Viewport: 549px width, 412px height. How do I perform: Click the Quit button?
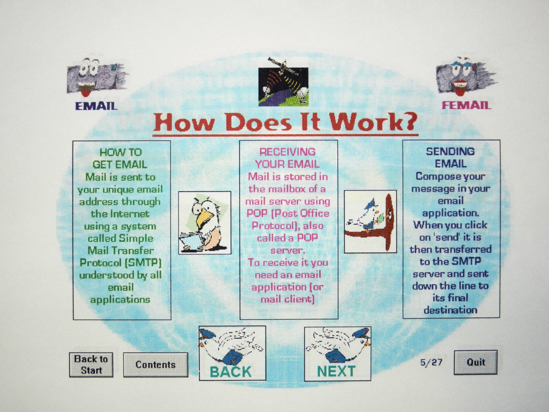pyautogui.click(x=476, y=362)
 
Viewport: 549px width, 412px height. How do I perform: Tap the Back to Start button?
pyautogui.click(x=91, y=365)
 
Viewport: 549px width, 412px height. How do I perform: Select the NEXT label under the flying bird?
pyautogui.click(x=336, y=371)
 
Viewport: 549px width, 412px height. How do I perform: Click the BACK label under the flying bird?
pyautogui.click(x=231, y=371)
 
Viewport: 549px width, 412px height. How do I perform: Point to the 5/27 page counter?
pyautogui.click(x=431, y=363)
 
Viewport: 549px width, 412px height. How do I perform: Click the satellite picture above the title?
pyautogui.click(x=283, y=82)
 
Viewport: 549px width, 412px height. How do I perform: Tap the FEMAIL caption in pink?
pyautogui.click(x=466, y=105)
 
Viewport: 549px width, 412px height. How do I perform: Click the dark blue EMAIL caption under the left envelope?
pyautogui.click(x=96, y=106)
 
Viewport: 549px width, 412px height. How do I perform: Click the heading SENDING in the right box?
pyautogui.click(x=450, y=151)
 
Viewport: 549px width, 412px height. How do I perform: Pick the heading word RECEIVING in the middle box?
pyautogui.click(x=288, y=152)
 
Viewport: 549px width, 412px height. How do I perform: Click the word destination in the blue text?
pyautogui.click(x=451, y=310)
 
